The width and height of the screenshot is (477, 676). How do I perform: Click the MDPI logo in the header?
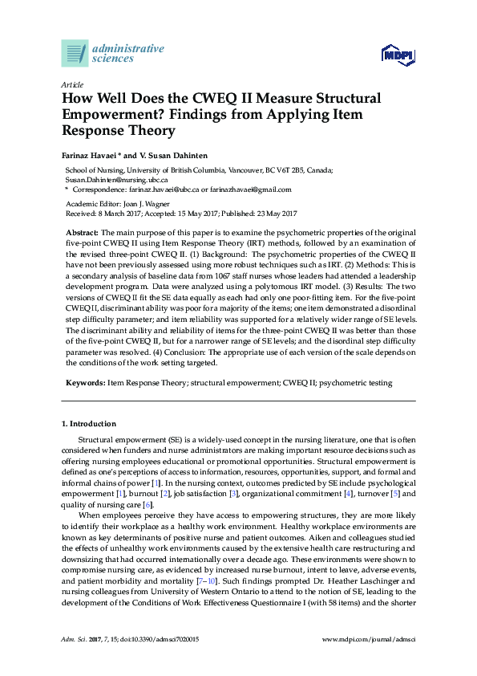(x=398, y=55)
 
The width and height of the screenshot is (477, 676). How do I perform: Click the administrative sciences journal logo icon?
(x=75, y=54)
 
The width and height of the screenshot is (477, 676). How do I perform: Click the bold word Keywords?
(x=85, y=384)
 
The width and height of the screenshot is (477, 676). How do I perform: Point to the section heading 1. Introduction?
(x=89, y=423)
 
